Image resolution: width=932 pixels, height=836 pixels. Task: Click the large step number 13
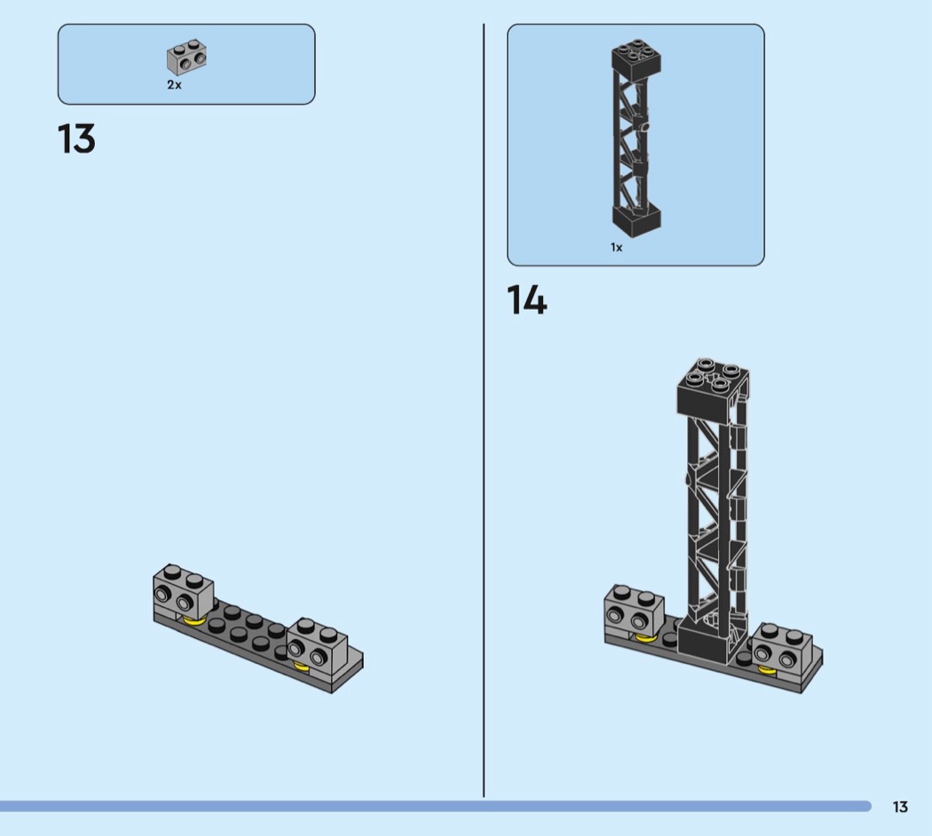(x=76, y=139)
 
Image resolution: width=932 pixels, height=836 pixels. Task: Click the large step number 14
(x=526, y=299)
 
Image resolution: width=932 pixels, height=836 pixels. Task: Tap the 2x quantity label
(x=174, y=85)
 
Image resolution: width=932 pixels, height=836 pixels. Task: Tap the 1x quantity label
(x=616, y=248)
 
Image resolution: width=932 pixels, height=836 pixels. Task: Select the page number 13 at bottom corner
(x=900, y=807)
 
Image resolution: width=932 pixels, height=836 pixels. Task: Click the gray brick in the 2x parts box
(x=186, y=57)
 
